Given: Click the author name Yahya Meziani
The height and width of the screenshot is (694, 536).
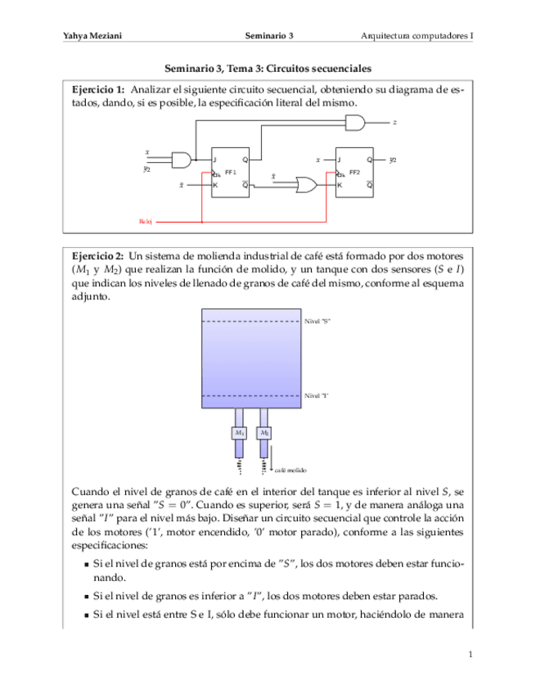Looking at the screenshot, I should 87,36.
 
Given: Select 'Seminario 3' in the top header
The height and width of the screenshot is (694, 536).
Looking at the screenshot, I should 269,36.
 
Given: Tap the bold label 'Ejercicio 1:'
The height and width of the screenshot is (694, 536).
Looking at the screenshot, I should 98,88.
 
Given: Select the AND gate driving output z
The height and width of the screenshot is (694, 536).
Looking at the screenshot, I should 357,123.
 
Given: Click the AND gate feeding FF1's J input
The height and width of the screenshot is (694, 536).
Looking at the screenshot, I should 182,159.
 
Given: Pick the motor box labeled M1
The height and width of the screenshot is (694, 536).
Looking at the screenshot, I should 239,431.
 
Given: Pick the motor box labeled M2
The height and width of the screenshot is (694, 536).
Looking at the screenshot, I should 263,431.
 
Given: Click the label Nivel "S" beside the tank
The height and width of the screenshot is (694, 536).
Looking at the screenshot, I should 317,322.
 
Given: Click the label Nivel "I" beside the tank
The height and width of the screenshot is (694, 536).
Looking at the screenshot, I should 316,395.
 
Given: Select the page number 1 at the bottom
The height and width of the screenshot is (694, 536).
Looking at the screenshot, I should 471,655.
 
